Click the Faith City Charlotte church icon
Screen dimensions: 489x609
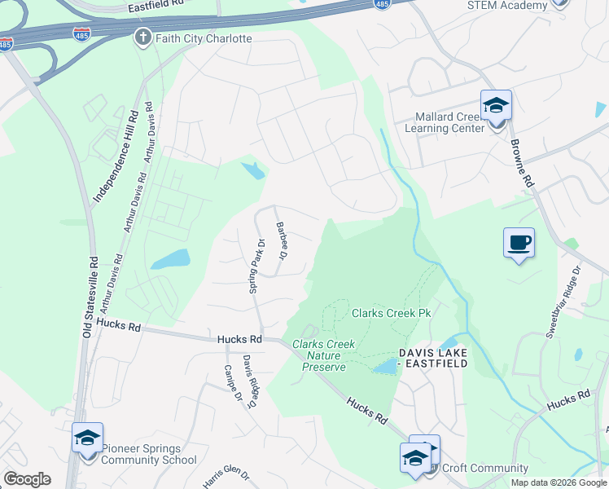pos(143,37)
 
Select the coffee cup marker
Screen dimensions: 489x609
pos(519,242)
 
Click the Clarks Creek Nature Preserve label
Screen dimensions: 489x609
pos(323,355)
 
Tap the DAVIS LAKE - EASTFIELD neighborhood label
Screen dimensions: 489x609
pos(433,358)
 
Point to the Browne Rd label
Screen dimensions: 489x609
pos(521,163)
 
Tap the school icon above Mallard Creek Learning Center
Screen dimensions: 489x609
pos(495,105)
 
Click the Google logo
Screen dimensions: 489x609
pos(27,479)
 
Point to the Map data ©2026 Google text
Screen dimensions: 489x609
pos(559,482)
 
